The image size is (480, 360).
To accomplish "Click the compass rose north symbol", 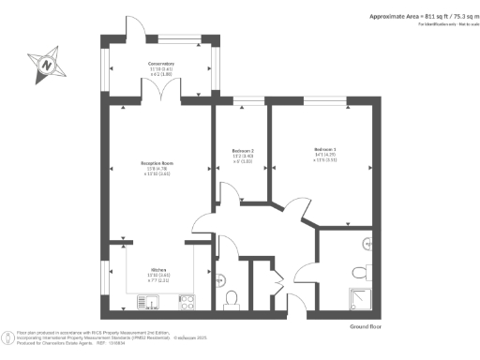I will [x=44, y=65].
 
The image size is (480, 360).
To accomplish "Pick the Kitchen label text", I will [x=157, y=267].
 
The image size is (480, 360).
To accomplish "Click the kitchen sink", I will [x=151, y=301].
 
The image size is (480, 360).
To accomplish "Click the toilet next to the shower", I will [x=359, y=273].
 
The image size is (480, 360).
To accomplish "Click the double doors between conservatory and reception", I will [x=165, y=94].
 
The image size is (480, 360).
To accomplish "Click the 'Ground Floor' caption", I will [x=365, y=325].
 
